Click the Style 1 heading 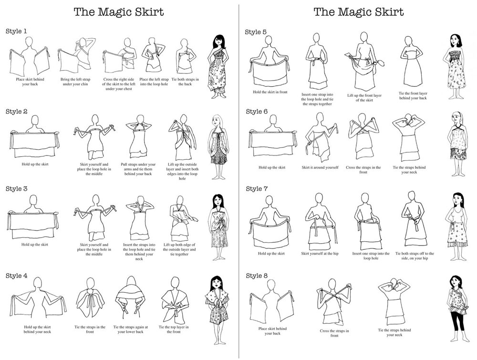pyautogui.click(x=16, y=31)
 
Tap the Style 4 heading pyautogui.click(x=16, y=276)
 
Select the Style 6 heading pyautogui.click(x=257, y=112)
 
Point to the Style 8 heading pyautogui.click(x=257, y=276)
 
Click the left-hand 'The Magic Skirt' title pyautogui.click(x=119, y=12)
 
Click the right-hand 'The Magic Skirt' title pyautogui.click(x=359, y=12)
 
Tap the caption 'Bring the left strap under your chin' pyautogui.click(x=75, y=82)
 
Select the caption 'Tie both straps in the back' pyautogui.click(x=185, y=82)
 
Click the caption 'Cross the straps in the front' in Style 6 pyautogui.click(x=363, y=170)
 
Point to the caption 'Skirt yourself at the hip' pyautogui.click(x=320, y=253)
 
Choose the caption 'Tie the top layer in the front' pyautogui.click(x=174, y=329)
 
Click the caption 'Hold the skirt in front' pyautogui.click(x=270, y=92)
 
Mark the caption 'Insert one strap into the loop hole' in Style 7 pyautogui.click(x=371, y=256)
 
